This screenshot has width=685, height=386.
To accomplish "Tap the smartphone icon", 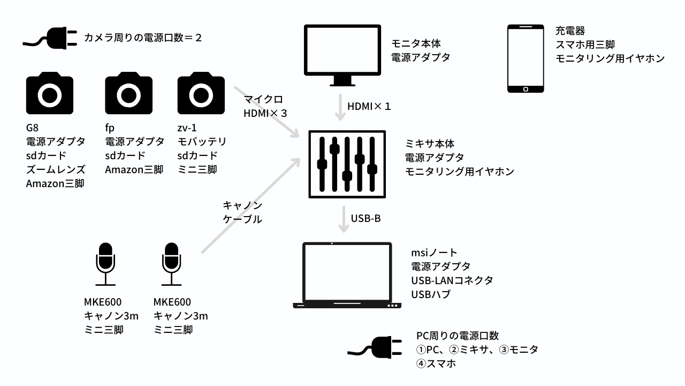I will click(x=526, y=58).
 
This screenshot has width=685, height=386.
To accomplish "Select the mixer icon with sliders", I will click(x=347, y=164).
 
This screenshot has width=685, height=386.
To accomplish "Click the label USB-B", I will click(x=366, y=219).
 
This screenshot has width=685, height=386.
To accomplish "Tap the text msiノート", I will click(x=435, y=253).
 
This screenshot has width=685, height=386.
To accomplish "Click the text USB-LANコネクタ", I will click(x=452, y=280).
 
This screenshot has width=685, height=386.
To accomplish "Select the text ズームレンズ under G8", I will click(x=56, y=170).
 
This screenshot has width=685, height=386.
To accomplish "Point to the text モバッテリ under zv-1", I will click(x=202, y=142).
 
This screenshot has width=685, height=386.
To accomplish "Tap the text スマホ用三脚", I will click(x=584, y=44).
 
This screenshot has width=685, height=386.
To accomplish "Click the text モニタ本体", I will click(x=416, y=43).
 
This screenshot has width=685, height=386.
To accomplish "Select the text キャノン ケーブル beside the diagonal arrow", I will click(x=242, y=212).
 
